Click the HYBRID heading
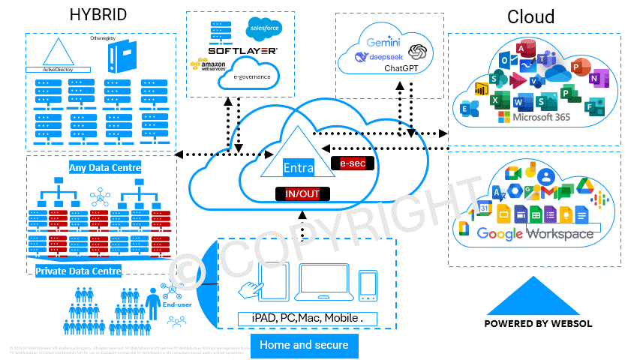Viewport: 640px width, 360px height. [x=98, y=15]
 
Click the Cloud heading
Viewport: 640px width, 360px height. [x=530, y=16]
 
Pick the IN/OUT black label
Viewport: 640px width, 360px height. [x=302, y=194]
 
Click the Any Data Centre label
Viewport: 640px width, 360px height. [x=105, y=167]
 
